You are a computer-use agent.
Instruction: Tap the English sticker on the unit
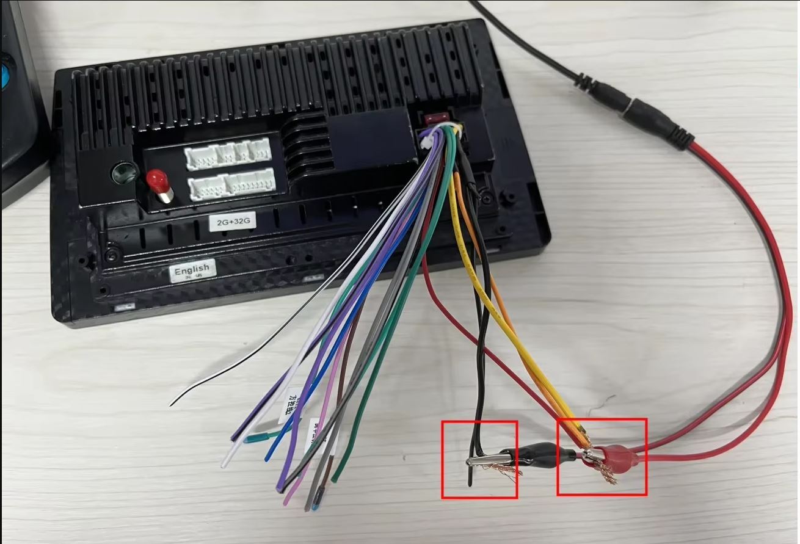coord(192,270)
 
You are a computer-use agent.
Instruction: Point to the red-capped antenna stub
coord(158,183)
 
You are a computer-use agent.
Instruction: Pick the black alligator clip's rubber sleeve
coord(544,452)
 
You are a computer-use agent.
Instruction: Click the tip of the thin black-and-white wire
coord(172,404)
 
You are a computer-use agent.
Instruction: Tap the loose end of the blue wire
coord(267,458)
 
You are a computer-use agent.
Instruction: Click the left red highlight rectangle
coord(479,459)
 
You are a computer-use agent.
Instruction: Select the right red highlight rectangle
coord(602,456)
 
